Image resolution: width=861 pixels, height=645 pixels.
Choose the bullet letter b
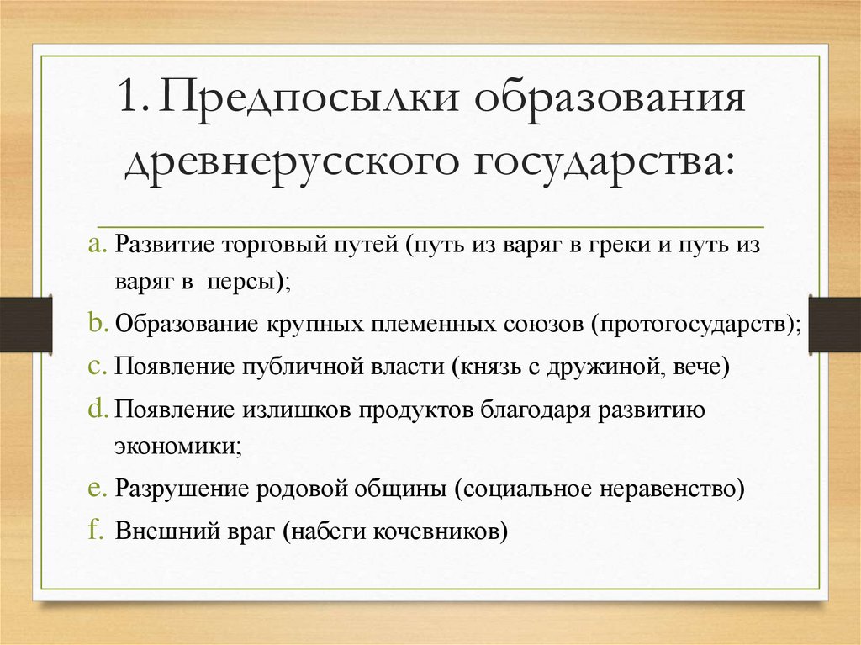[x=95, y=324]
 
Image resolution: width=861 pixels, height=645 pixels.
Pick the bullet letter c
[x=95, y=367]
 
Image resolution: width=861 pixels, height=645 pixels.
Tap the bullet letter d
[x=95, y=409]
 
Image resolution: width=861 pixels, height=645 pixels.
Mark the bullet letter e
[x=95, y=488]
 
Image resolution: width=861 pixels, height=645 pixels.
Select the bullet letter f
[x=95, y=531]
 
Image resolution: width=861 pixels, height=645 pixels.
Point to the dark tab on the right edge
[x=834, y=323]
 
